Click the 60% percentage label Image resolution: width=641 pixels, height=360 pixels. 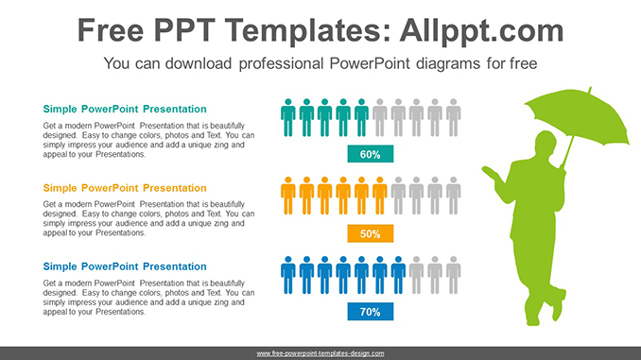(370, 154)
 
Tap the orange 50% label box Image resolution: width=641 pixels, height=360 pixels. (370, 232)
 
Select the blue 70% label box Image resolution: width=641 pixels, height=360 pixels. (370, 311)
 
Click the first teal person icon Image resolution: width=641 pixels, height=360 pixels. (288, 117)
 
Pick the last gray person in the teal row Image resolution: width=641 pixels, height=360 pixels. (453, 117)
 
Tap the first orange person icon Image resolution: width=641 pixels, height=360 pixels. (288, 196)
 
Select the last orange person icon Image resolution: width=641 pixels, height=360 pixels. (380, 196)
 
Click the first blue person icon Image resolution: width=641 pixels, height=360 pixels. (288, 274)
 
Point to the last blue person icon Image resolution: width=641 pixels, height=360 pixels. (398, 274)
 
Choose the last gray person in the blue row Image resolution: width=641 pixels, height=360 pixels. (453, 274)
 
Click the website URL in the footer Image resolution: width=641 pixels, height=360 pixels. (320, 353)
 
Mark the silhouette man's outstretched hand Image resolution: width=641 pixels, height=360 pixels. (488, 173)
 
